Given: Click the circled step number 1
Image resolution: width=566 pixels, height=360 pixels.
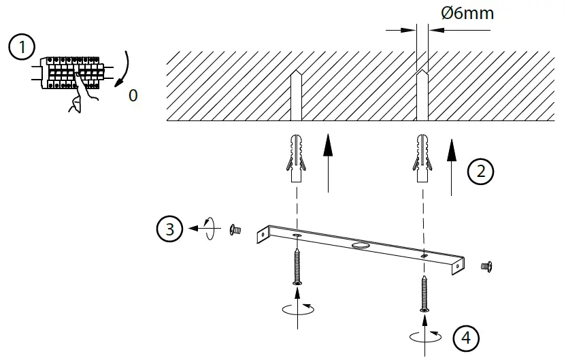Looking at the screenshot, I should [22, 48].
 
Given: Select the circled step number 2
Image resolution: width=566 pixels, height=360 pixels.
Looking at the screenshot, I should [482, 171].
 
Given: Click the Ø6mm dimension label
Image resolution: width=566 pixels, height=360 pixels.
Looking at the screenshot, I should [468, 13].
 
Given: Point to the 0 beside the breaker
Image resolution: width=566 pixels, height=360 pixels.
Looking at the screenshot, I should [133, 96].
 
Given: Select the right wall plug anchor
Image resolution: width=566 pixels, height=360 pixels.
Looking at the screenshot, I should [422, 158].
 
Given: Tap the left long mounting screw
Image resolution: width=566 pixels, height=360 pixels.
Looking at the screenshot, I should [297, 265].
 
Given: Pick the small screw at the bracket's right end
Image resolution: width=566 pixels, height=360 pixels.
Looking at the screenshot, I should [486, 265].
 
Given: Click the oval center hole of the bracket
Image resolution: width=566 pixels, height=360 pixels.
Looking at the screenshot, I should [361, 242].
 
